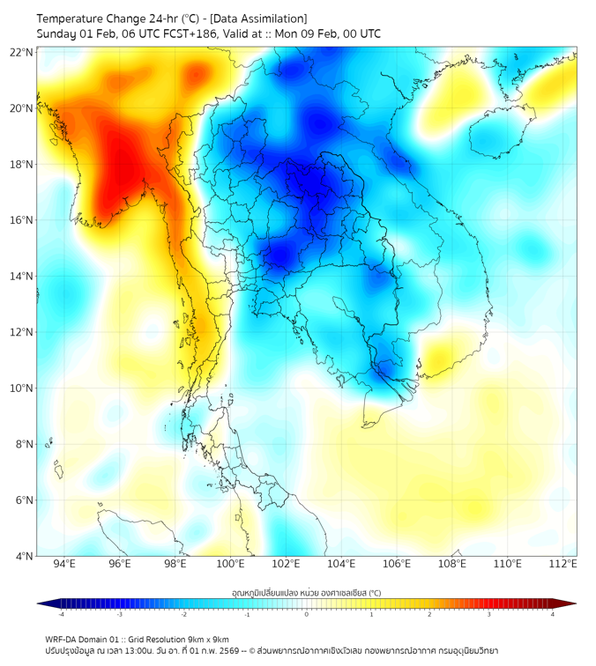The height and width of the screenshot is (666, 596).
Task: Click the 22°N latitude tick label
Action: [21, 52]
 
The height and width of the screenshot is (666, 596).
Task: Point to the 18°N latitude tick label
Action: [21, 164]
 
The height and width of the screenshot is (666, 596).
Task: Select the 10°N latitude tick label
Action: [21, 388]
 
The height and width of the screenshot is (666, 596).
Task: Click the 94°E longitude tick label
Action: [64, 564]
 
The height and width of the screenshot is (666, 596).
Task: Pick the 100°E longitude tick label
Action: [230, 564]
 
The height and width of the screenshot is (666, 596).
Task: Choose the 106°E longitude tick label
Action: [397, 564]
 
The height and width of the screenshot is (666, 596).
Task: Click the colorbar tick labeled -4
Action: [61, 614]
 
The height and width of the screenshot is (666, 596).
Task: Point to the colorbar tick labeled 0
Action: [307, 614]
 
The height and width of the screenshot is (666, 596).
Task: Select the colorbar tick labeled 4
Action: [553, 614]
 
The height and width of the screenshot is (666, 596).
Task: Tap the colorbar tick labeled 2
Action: [429, 614]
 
